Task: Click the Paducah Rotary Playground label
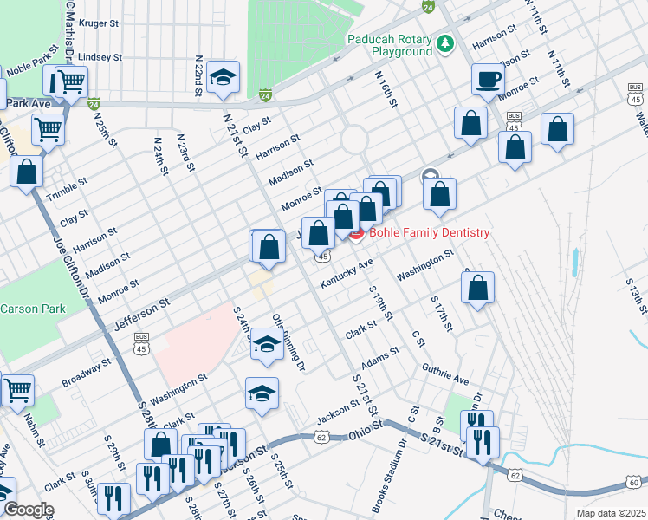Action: [x=389, y=45]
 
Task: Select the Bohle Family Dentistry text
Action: [x=429, y=233]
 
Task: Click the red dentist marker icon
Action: [x=356, y=234]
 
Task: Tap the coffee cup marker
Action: [x=488, y=79]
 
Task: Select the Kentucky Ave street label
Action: [x=346, y=273]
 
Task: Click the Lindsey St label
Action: [x=94, y=57]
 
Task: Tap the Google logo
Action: [x=29, y=510]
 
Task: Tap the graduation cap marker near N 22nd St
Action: [x=224, y=78]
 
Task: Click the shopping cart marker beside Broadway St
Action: [x=17, y=390]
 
